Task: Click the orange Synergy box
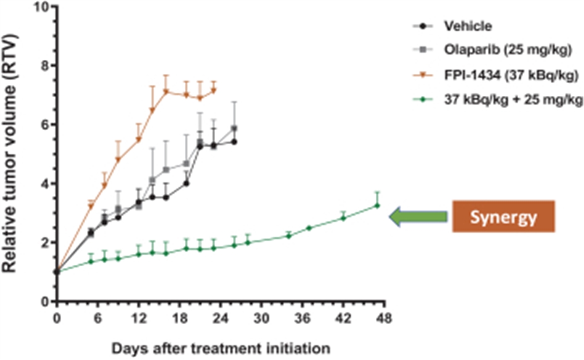click(503, 216)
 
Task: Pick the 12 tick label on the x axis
click(139, 318)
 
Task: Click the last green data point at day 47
click(377, 205)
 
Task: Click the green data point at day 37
click(309, 228)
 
